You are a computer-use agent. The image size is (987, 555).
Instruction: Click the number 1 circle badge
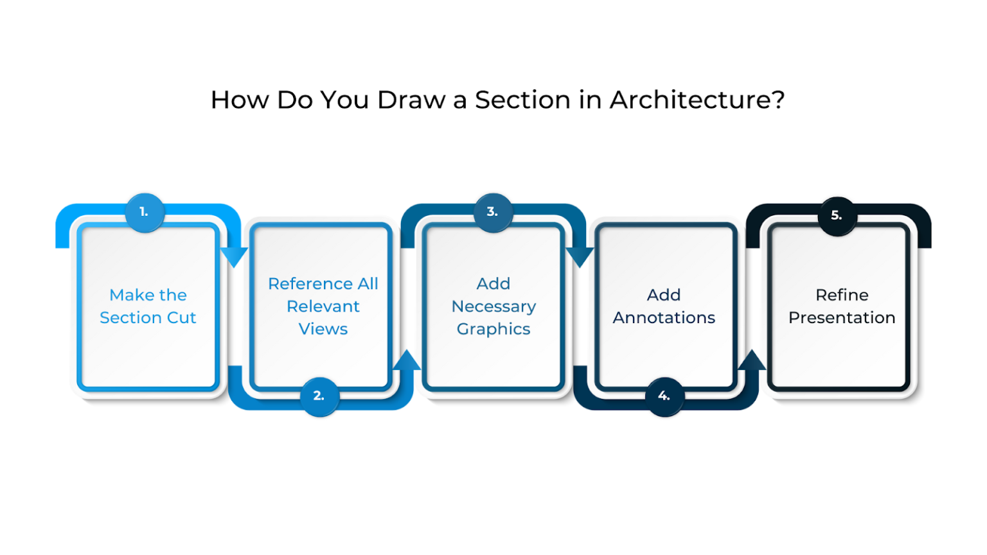click(145, 212)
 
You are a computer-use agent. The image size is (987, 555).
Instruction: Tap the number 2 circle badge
click(319, 396)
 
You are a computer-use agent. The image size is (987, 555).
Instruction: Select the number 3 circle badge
click(493, 212)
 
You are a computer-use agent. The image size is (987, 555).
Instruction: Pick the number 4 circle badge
click(664, 396)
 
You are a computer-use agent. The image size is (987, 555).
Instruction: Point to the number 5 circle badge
click(837, 216)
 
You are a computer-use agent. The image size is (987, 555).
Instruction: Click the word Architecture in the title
click(697, 100)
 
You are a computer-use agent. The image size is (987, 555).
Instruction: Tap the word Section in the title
click(522, 100)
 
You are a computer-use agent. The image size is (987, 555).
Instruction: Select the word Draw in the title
click(411, 100)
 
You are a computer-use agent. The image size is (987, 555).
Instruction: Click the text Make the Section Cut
click(148, 306)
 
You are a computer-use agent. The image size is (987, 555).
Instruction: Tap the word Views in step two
click(323, 329)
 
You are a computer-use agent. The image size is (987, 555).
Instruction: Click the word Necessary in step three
click(493, 306)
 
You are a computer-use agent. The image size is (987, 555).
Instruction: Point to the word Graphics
click(493, 330)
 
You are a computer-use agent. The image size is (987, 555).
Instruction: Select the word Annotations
click(664, 318)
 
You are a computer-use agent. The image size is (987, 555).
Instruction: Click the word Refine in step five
click(842, 295)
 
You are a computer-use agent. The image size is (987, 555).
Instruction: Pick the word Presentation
click(842, 318)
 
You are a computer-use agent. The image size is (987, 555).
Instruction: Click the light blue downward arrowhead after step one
click(234, 256)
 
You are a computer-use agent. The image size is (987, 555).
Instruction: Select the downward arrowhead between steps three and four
click(580, 256)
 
